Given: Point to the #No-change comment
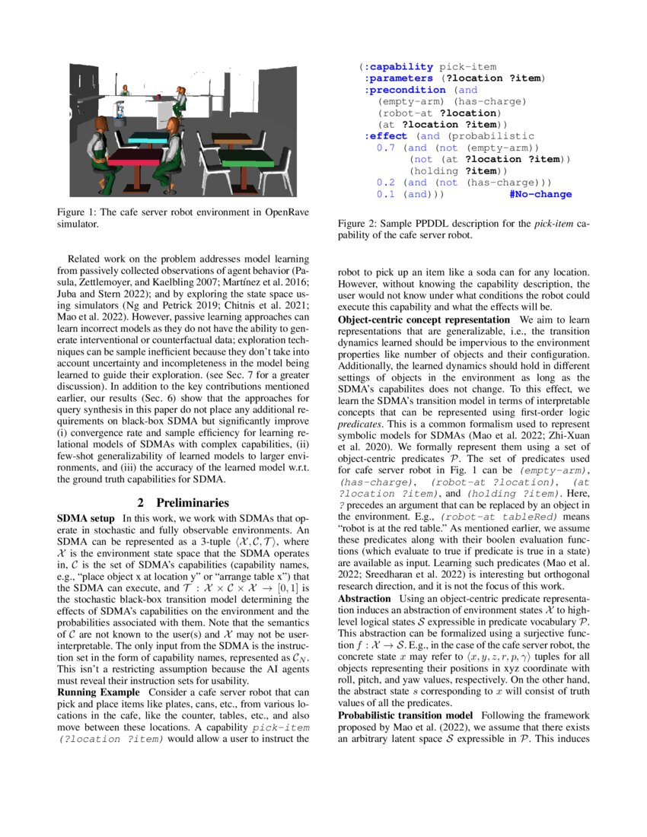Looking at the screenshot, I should click(540, 195).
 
